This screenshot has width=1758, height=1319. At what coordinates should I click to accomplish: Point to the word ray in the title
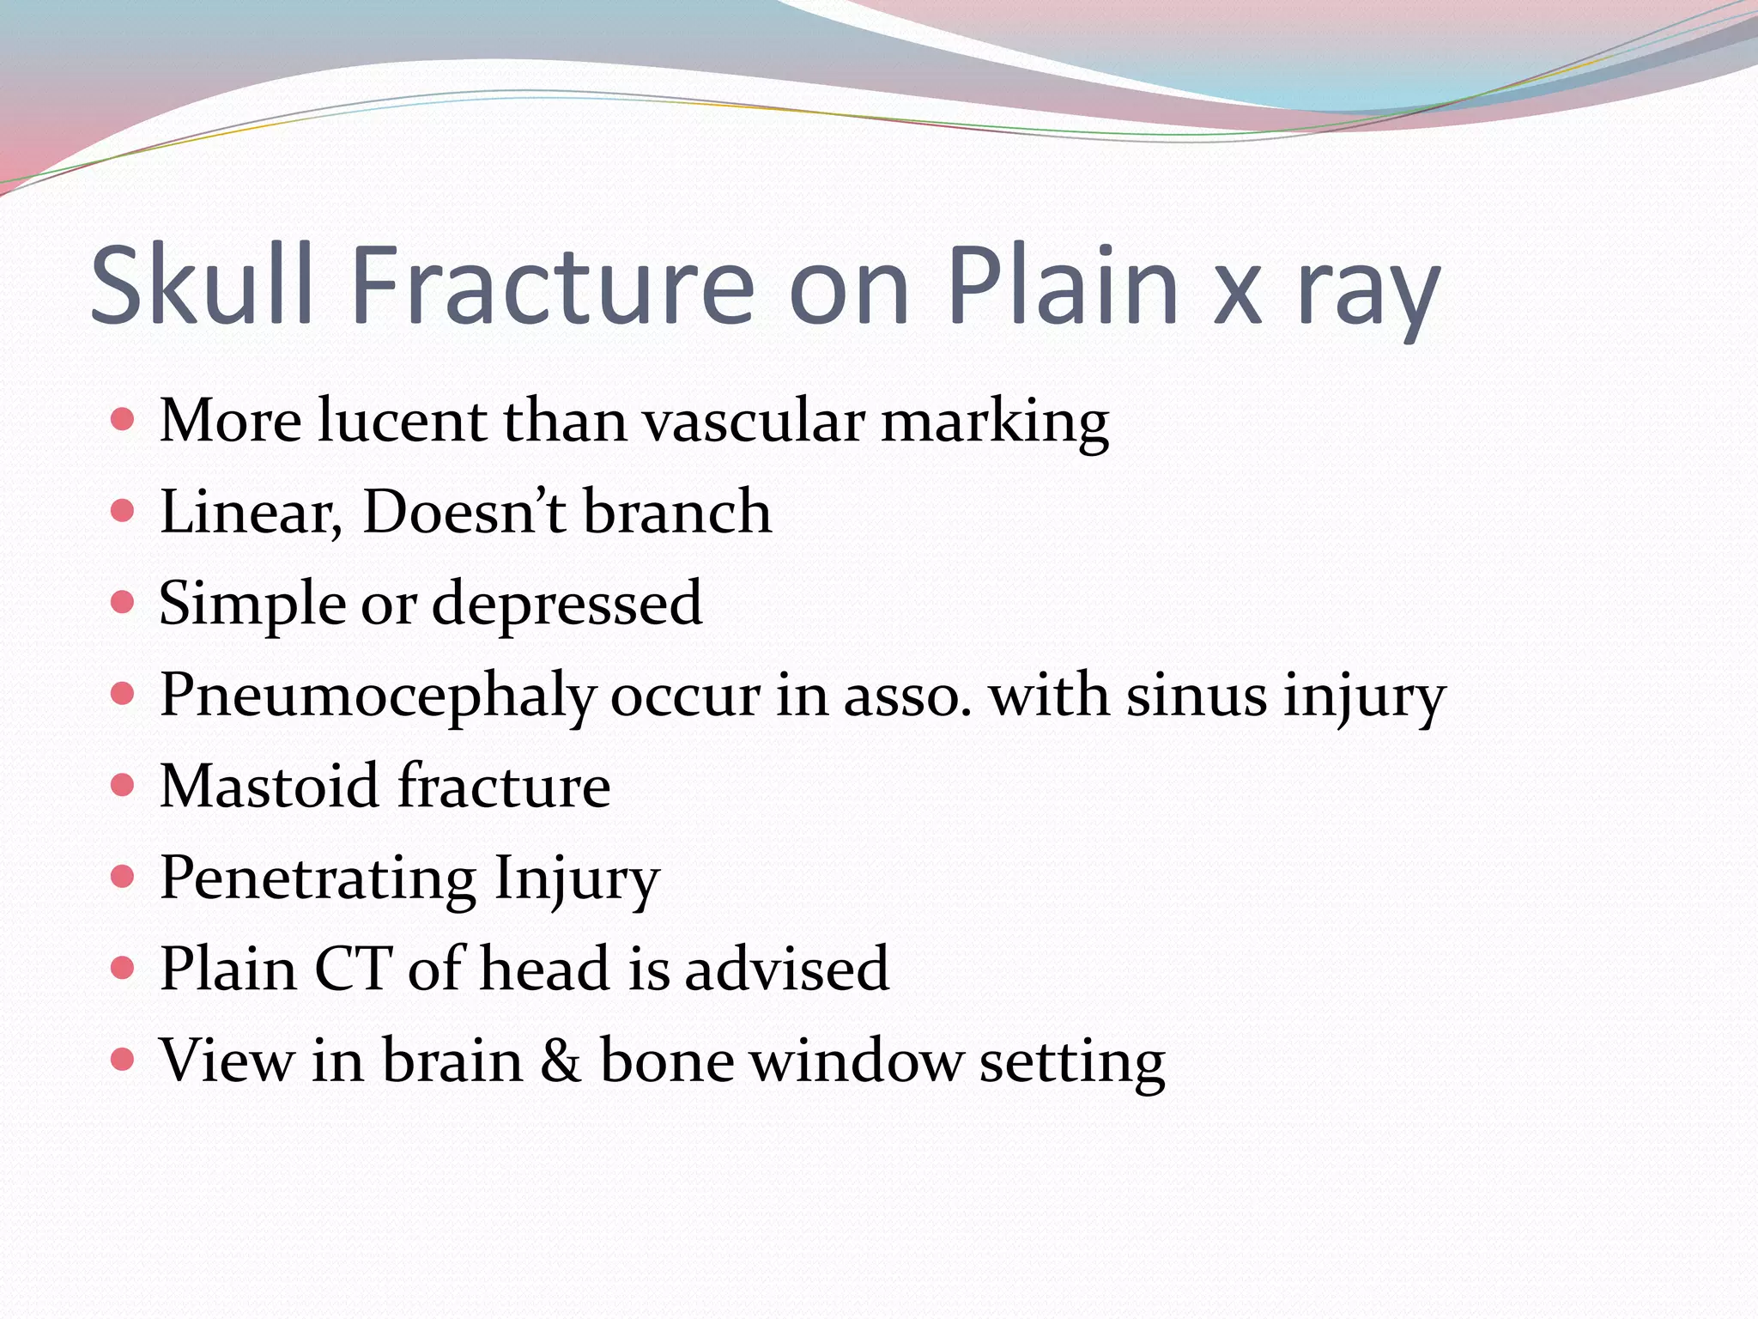[1368, 292]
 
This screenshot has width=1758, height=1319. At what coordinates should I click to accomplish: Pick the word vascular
[754, 422]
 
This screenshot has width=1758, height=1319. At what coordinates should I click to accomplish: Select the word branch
[677, 512]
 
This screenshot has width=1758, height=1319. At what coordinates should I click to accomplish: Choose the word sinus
[1196, 696]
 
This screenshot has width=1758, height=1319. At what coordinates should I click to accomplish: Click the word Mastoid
[269, 786]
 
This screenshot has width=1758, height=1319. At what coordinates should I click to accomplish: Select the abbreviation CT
[353, 969]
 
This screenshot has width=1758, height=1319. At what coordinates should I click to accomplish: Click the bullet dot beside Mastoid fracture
[123, 785]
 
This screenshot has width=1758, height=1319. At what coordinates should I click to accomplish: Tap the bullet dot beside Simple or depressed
[123, 602]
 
